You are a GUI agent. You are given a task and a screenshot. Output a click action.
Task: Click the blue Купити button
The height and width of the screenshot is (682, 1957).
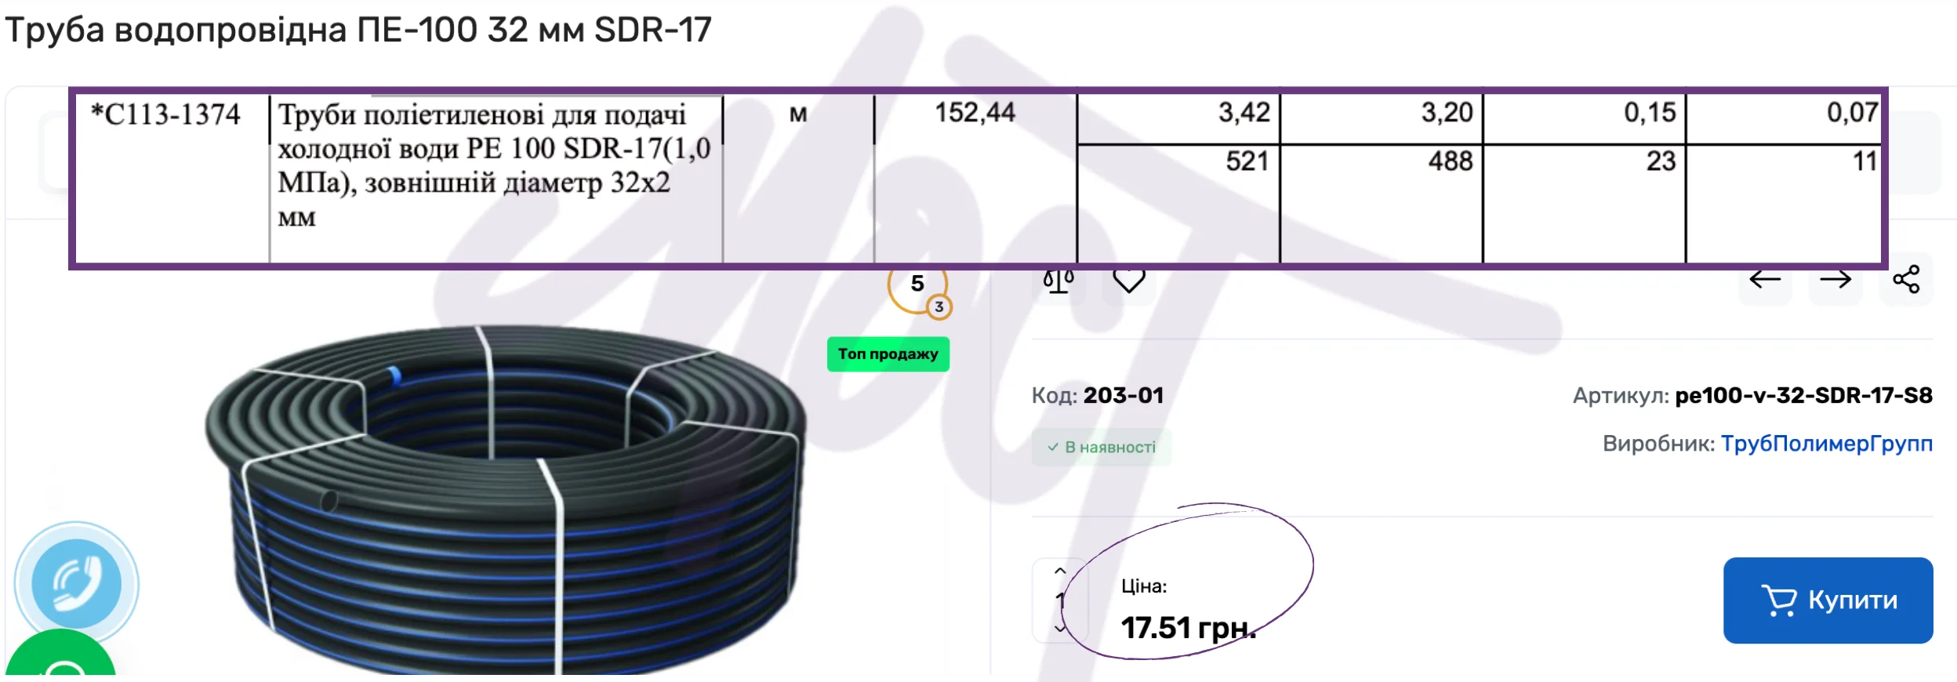coord(1828,600)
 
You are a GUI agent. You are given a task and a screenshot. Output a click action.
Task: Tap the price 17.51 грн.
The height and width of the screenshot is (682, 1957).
coord(1188,627)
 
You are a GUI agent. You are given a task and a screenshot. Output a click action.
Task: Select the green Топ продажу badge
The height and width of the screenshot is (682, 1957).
coord(888,354)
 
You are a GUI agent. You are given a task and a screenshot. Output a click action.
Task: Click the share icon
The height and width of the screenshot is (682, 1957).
coord(1906,279)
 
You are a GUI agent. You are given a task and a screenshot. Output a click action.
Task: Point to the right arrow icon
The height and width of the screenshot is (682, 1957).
coord(1835,279)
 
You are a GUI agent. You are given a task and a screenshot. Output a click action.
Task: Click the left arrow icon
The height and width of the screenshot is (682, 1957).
coord(1765,279)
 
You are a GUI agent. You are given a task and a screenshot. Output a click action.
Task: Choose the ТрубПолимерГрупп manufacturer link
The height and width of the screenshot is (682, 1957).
coord(1826,444)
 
